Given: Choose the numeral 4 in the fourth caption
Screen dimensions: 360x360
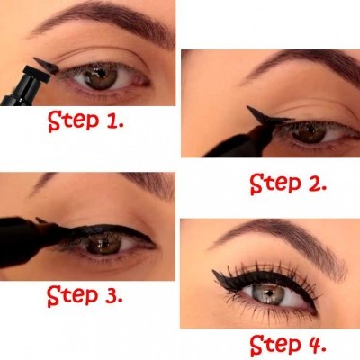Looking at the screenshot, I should (318, 344).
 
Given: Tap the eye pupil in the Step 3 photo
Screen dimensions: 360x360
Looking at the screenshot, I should (101, 242).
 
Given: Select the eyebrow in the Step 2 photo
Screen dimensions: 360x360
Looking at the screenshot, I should (297, 67).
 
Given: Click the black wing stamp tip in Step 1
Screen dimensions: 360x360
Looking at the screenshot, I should (43, 64).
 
